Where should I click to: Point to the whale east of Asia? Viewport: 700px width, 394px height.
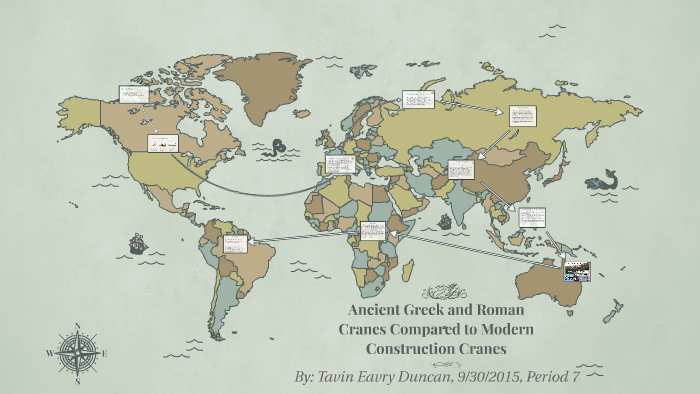point(600,180)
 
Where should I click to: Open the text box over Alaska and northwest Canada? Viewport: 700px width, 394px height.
point(133,94)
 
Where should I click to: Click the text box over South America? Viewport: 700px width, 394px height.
point(235,243)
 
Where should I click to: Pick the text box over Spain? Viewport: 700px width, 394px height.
point(338,165)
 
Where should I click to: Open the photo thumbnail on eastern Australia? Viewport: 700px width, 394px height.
point(577,270)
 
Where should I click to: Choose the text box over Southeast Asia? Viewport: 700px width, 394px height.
point(532,216)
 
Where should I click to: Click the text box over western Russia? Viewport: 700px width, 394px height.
point(417,100)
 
